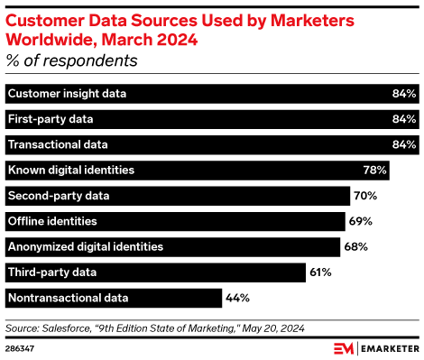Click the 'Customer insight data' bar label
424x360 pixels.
67,94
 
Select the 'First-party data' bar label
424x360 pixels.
51,119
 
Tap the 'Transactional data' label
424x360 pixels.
57,144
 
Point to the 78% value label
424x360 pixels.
375,170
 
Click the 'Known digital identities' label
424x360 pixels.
70,170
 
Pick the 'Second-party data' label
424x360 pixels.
59,196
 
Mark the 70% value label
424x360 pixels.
366,196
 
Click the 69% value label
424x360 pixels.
361,221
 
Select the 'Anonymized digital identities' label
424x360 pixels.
85,246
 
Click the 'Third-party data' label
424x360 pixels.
52,272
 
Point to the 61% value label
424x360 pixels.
319,272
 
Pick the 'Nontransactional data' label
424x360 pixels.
68,298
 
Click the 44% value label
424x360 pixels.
237,298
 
